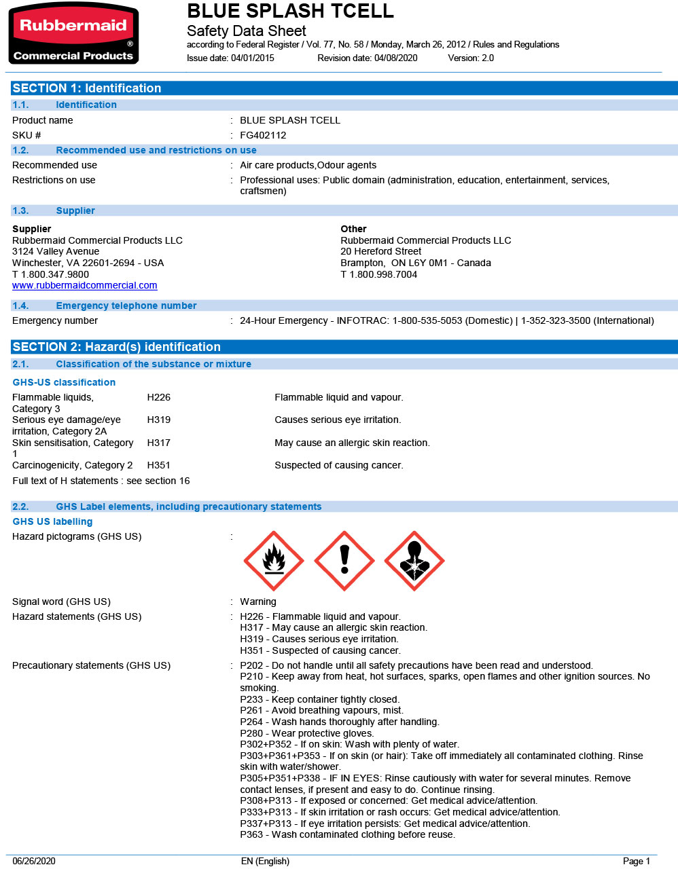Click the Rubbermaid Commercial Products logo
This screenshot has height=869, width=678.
point(73,34)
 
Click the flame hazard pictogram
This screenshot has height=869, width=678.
point(274,561)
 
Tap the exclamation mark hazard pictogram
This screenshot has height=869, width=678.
point(344,561)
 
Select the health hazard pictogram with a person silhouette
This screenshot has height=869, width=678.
point(414,561)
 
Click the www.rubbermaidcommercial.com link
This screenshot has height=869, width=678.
point(84,286)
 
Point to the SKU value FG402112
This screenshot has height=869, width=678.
point(263,135)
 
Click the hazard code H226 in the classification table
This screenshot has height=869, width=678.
point(158,397)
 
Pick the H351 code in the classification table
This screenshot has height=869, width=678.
point(158,465)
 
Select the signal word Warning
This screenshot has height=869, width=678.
point(258,602)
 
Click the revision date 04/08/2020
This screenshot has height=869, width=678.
point(395,58)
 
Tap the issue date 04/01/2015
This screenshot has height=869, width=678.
point(253,58)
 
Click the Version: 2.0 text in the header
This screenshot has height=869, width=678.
point(471,58)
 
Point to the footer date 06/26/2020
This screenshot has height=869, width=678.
point(34,861)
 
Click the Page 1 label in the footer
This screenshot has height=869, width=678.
point(636,861)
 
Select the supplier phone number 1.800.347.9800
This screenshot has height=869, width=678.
point(55,274)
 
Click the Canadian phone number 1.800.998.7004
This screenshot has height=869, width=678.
point(383,274)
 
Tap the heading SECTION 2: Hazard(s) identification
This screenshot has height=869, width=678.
point(116,347)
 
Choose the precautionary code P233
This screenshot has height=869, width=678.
point(251,699)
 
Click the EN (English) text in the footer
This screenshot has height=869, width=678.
point(265,861)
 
